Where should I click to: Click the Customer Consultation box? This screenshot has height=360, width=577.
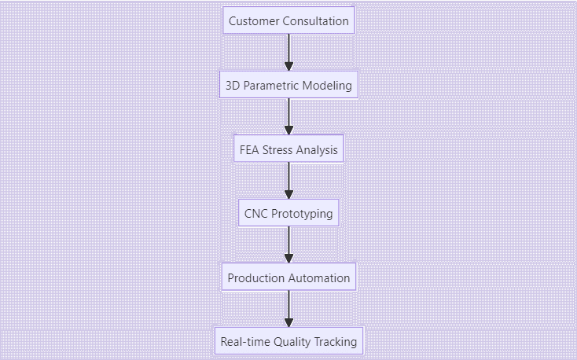(x=288, y=21)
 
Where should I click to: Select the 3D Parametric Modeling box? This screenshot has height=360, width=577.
(x=288, y=85)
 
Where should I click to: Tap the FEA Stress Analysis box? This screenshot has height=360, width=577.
(x=288, y=149)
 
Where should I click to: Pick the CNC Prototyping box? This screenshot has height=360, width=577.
(x=288, y=214)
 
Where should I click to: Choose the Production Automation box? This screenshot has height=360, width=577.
(x=288, y=277)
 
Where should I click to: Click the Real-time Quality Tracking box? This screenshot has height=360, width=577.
(x=288, y=342)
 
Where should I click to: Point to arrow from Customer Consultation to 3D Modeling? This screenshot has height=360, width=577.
(x=288, y=53)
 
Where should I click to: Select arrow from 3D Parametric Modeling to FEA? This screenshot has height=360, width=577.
(x=288, y=117)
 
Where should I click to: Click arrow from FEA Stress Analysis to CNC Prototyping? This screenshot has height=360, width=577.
(x=288, y=182)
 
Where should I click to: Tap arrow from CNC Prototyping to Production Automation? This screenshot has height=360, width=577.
(x=288, y=245)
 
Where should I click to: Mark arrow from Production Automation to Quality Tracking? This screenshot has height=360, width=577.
(x=288, y=310)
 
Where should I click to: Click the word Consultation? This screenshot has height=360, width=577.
(x=316, y=21)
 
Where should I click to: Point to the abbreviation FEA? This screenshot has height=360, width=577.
(x=250, y=149)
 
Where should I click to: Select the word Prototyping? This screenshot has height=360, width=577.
(x=303, y=214)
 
